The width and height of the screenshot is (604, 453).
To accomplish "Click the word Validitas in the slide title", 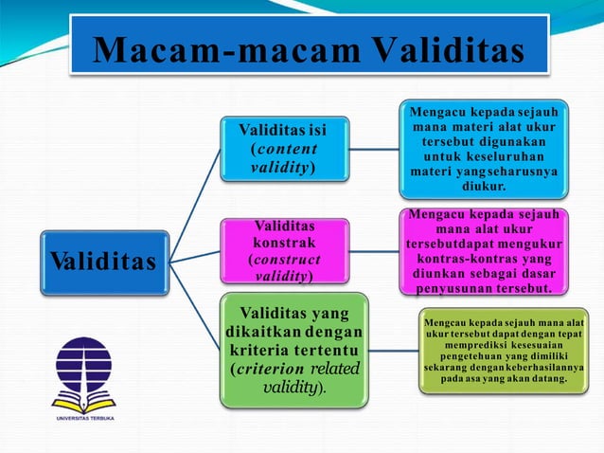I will pos(442,48).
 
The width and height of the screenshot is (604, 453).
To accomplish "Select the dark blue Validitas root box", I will pos(104,261).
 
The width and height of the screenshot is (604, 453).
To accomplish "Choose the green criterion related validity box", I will pos(293,351).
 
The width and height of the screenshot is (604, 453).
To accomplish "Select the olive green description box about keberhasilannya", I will pos(504,351).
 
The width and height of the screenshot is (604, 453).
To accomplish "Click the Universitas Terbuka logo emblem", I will pos(83,371).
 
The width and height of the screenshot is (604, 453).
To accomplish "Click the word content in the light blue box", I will pos(285,149).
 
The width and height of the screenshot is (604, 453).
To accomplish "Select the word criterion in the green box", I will pos(274,369).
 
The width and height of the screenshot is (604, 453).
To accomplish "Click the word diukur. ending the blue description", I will pos(483,187).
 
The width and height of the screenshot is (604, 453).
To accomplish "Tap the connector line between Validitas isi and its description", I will pos(374,149).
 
